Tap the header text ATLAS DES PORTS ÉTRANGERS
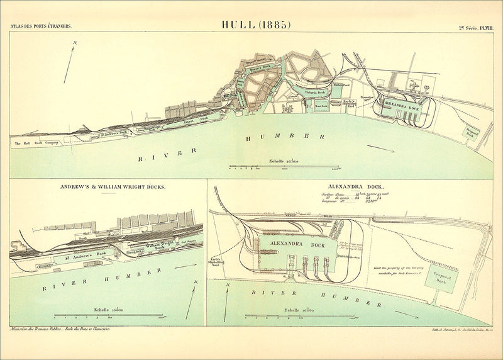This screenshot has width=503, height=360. (x=41, y=26)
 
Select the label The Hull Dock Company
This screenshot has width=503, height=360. (x=36, y=143)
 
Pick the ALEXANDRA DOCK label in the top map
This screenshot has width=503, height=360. (x=401, y=108)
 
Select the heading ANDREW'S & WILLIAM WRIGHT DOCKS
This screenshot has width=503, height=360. (x=113, y=187)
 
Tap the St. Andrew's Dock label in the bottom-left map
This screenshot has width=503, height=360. (x=82, y=256)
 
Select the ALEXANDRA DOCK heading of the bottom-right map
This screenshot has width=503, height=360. (x=347, y=187)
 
